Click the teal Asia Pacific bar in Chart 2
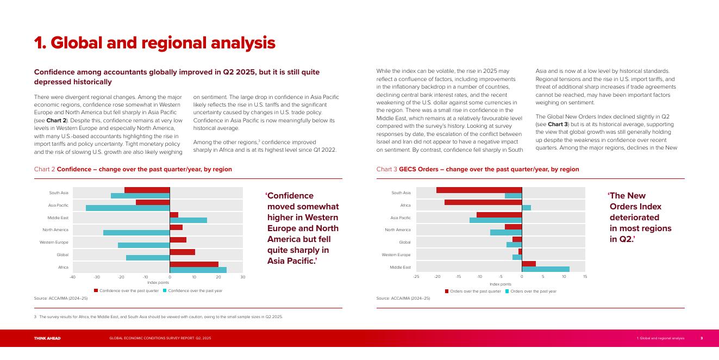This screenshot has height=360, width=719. [x=128, y=208]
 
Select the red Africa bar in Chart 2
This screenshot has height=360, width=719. [x=194, y=264]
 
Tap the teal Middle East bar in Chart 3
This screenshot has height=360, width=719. [x=546, y=269]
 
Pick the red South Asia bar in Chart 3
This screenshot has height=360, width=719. [x=479, y=190]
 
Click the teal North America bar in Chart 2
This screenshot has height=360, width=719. [x=136, y=233]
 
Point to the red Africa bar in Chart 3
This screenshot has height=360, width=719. [x=483, y=202]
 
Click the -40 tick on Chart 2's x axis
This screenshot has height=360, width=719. [x=72, y=277]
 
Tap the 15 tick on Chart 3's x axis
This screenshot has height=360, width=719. [x=585, y=277]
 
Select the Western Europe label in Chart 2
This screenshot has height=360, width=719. [x=54, y=242]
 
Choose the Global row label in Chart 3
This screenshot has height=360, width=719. [x=405, y=242]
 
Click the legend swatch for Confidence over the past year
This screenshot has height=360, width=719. [x=165, y=291]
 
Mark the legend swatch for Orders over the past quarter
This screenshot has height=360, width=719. [x=447, y=291]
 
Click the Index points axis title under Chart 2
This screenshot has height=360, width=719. [x=158, y=283]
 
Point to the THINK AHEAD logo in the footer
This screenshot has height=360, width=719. [x=47, y=338]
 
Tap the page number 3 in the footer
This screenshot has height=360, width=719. [x=701, y=338]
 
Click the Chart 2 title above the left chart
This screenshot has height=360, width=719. [x=133, y=169]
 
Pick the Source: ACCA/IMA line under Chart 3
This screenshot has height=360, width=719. [x=403, y=298]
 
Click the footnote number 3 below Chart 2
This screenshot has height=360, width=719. [x=35, y=316]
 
